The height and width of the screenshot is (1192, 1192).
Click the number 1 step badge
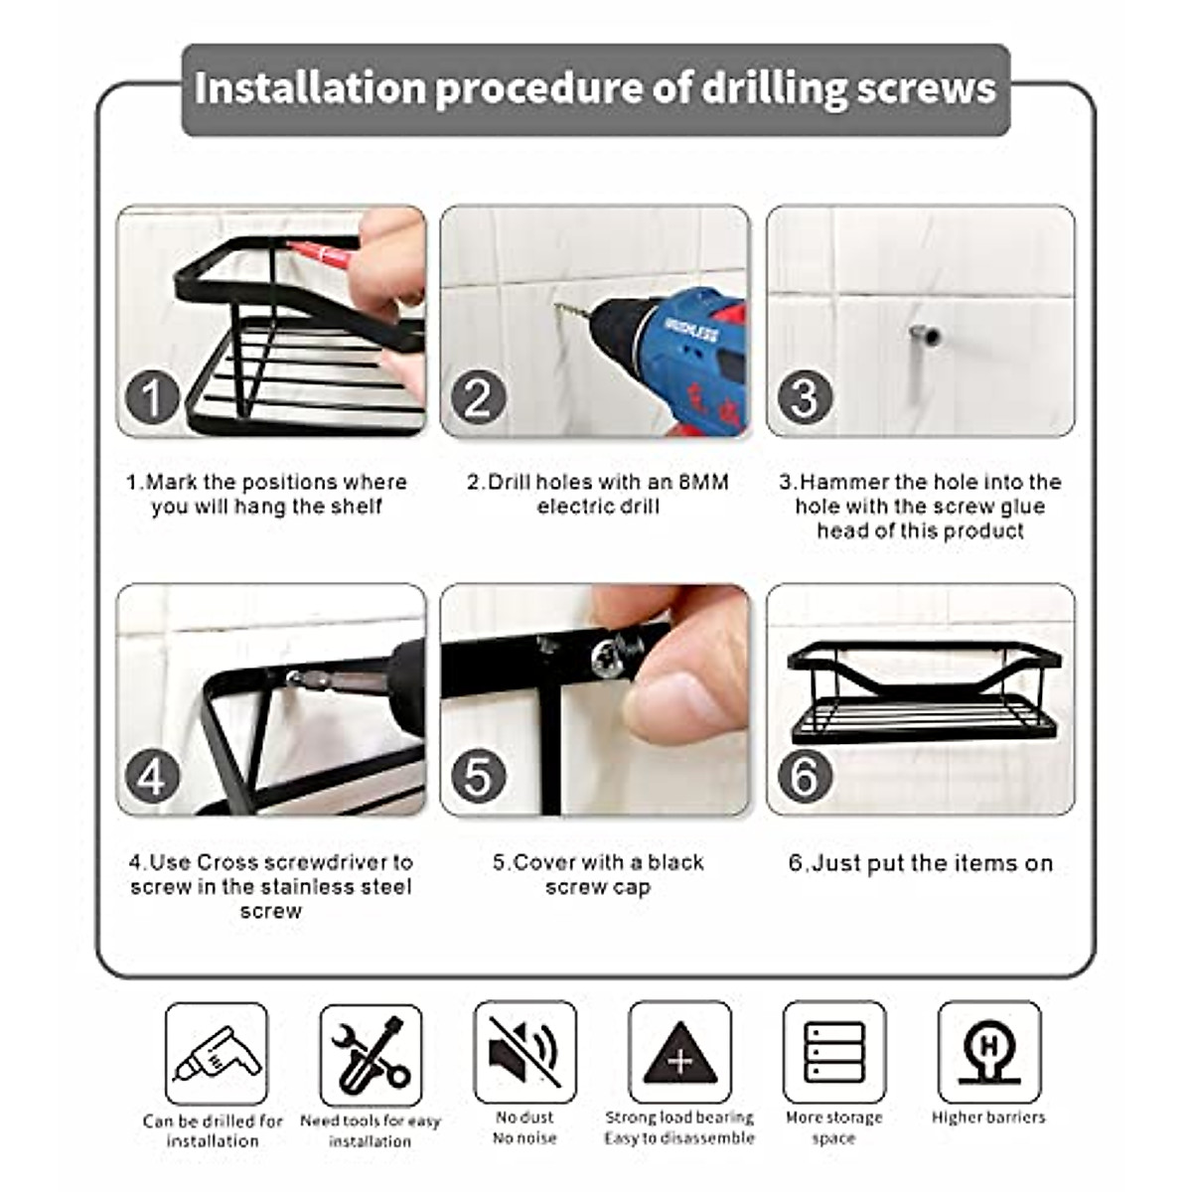152,398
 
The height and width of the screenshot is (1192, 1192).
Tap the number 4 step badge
152,777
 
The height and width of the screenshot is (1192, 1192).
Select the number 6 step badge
804,777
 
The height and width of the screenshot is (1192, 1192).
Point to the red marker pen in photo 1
323,254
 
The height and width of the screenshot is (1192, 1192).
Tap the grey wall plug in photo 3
924,336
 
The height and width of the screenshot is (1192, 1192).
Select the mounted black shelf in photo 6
924,692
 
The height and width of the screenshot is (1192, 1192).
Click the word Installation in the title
310,87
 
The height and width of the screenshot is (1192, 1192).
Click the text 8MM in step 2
703,483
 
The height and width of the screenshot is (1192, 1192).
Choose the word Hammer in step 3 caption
844,483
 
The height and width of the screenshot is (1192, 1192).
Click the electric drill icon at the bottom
217,1054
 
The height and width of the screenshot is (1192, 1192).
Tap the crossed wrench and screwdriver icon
371,1054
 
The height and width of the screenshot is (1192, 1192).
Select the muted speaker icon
524,1052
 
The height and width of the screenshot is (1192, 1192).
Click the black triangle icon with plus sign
679,1054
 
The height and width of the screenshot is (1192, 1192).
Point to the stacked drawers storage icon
833,1052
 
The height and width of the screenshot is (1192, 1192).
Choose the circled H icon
988,1052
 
